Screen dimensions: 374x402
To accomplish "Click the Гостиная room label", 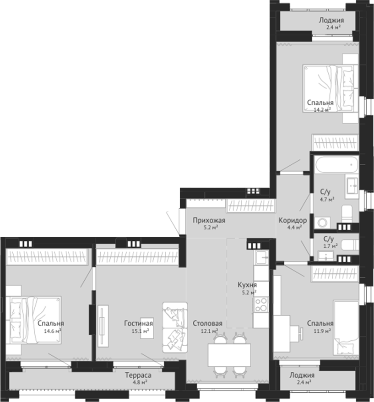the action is click(x=138, y=323).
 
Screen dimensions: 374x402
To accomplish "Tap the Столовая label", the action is click(x=207, y=323).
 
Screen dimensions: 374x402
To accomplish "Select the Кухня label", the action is click(x=247, y=285).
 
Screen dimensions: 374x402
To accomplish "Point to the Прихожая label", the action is click(x=209, y=220).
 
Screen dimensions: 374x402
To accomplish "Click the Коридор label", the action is click(x=293, y=220).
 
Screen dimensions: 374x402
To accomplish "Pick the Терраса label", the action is click(x=138, y=375).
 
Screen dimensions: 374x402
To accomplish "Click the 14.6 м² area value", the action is click(x=52, y=331).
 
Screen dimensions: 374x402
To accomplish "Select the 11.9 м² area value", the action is click(x=322, y=331).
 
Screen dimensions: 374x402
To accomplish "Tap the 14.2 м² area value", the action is click(x=322, y=110).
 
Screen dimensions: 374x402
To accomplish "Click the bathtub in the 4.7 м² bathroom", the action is click(x=337, y=164).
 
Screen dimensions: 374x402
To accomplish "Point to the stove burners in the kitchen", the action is click(x=261, y=304).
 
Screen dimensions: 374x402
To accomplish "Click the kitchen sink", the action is click(x=261, y=257).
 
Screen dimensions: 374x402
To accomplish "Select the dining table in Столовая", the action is click(x=229, y=355).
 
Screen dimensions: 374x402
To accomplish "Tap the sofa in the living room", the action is click(x=175, y=327).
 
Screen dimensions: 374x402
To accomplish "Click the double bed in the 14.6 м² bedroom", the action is click(x=35, y=320).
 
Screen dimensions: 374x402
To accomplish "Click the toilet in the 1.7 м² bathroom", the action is click(x=350, y=245).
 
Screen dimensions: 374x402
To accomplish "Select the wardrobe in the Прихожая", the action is click(x=251, y=206).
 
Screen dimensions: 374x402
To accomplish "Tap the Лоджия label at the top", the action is click(x=331, y=20).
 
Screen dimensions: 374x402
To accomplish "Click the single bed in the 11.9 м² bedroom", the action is click(x=346, y=328).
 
